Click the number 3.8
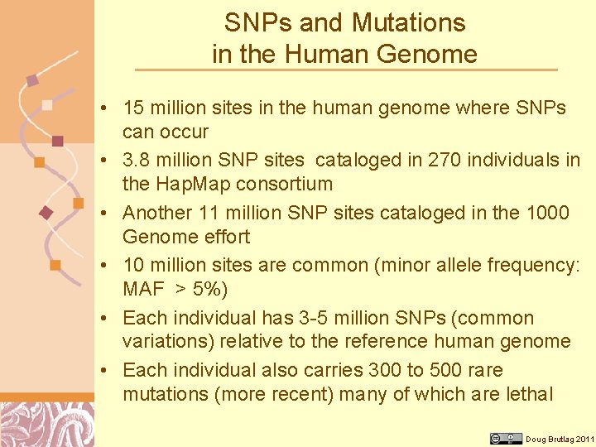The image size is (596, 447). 137,160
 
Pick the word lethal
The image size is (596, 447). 529,394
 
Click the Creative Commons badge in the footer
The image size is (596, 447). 506,439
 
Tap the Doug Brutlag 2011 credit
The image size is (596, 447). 560,439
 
